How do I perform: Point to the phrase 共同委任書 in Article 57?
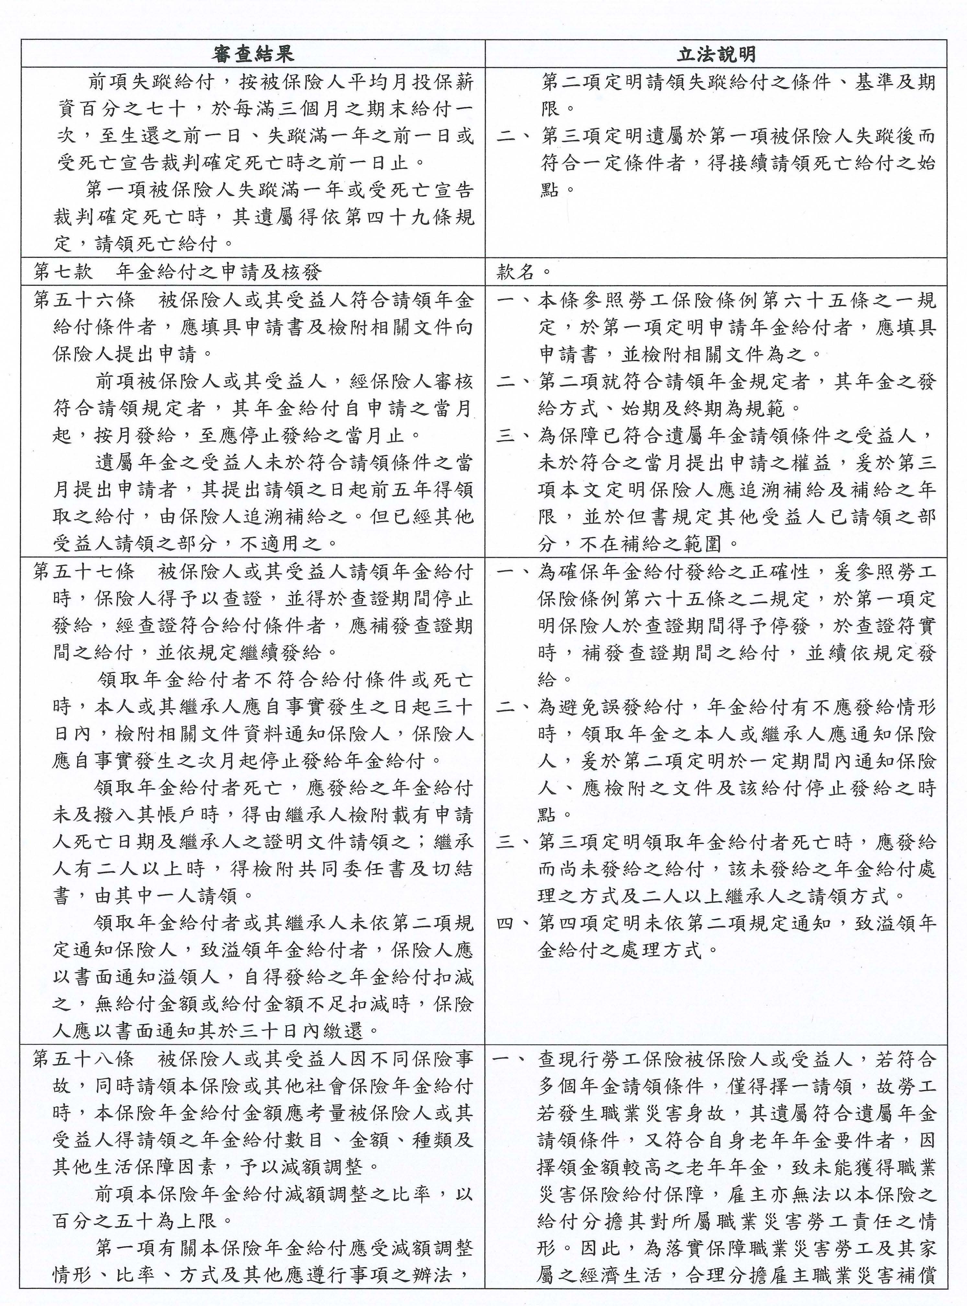[x=348, y=869]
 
